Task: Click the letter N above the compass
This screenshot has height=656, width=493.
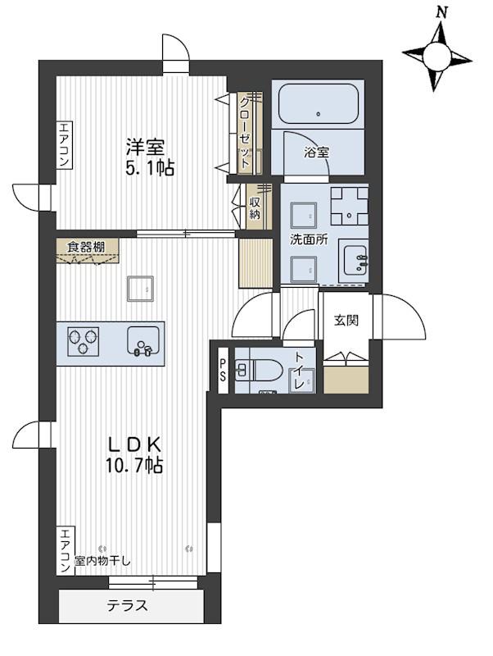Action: pos(441,12)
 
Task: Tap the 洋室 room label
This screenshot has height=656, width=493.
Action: pos(146,147)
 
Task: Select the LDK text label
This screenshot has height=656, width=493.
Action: pos(134,444)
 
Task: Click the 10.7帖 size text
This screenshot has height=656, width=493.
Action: pos(133,465)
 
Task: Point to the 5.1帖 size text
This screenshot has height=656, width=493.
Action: pos(150,168)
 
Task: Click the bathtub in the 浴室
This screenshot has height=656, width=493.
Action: pos(318,104)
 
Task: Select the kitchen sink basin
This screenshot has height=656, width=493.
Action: pos(143,340)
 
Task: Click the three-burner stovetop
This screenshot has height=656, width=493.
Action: pos(84,341)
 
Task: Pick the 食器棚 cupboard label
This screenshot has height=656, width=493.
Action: pos(86,247)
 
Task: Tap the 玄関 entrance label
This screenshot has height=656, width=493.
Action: pos(346,321)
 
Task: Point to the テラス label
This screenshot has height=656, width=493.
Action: pos(128,605)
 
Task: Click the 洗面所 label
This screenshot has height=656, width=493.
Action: pos(310,239)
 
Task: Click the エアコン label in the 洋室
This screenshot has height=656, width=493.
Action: pos(65,144)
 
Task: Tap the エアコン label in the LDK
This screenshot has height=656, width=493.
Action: pos(65,551)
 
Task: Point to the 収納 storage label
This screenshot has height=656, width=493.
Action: pos(256,208)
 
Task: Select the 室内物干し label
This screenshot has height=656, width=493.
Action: pos(102,561)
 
